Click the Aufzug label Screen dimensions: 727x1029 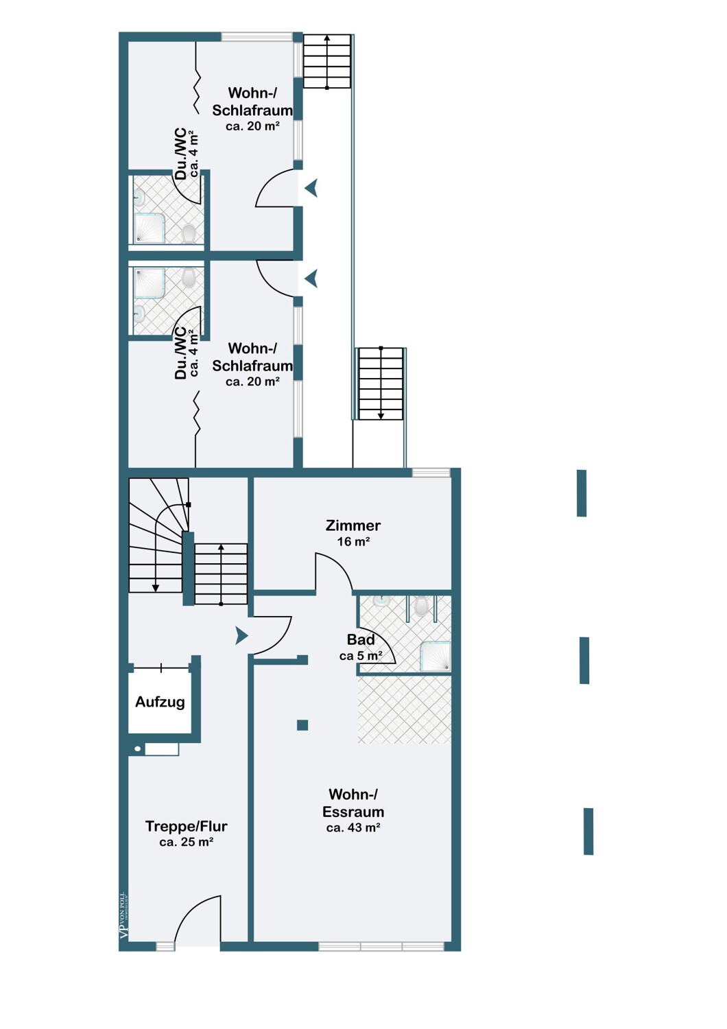(x=160, y=702)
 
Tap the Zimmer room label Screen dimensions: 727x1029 (x=353, y=525)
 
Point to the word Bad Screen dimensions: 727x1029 (x=361, y=639)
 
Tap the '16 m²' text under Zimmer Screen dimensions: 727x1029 (x=353, y=542)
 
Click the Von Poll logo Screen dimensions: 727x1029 (x=123, y=916)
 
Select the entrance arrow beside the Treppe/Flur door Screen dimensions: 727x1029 (x=241, y=635)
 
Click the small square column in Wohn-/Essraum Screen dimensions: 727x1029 (x=302, y=725)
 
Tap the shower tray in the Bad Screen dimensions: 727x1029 (x=436, y=657)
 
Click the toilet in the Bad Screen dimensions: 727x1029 (x=421, y=606)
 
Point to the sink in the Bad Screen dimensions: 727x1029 (x=381, y=602)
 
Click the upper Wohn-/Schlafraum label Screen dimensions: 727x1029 (x=252, y=101)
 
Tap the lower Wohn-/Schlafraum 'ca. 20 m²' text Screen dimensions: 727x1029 (x=252, y=381)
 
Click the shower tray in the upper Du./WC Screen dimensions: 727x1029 (x=150, y=228)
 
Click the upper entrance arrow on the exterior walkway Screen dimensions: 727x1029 (x=311, y=189)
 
